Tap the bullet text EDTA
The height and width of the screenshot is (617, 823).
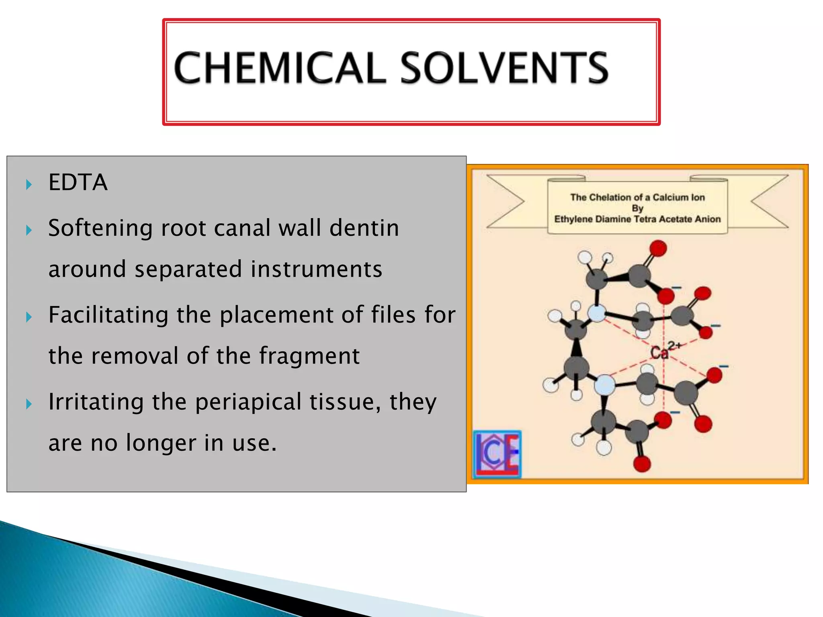(x=78, y=182)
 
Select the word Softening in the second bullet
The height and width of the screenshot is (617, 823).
(x=100, y=228)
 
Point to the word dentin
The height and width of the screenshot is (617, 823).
(x=364, y=228)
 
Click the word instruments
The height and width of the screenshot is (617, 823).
(x=316, y=269)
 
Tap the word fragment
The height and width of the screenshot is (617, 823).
(x=309, y=356)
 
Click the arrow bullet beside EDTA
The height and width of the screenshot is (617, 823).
(x=29, y=185)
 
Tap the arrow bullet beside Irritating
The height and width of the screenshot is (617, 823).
(x=29, y=404)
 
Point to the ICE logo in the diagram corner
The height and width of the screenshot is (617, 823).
(x=497, y=454)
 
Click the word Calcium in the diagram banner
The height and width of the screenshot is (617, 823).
(x=669, y=197)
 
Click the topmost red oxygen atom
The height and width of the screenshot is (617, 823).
(x=658, y=248)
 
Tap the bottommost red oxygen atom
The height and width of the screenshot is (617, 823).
(x=642, y=464)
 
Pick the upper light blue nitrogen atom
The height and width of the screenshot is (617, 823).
(x=597, y=313)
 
